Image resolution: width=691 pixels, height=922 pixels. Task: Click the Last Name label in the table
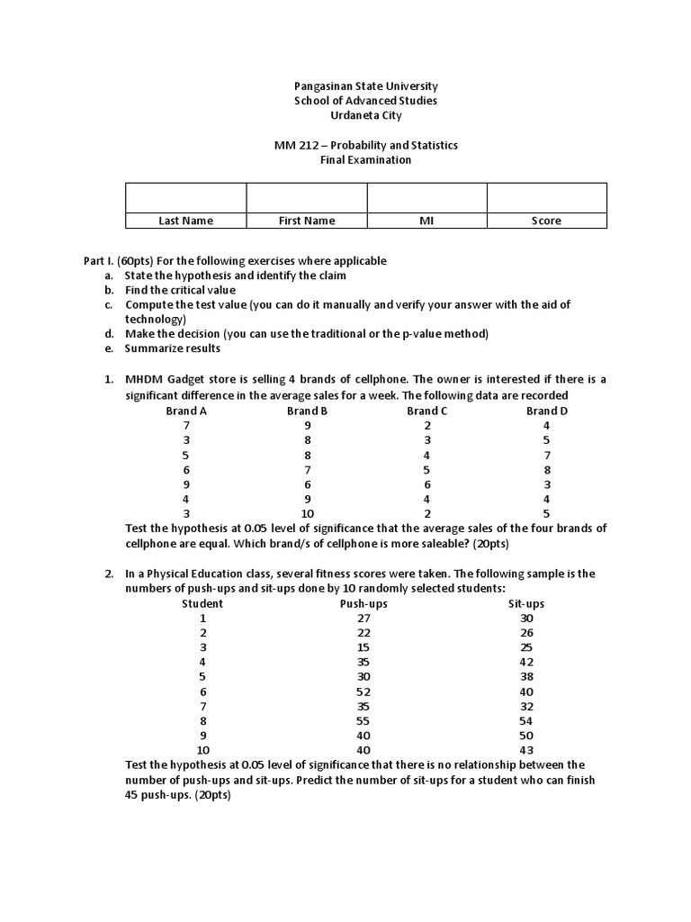click(x=186, y=221)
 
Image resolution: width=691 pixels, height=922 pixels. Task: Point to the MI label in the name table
click(x=426, y=221)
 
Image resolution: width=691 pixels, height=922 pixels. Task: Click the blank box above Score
click(x=546, y=198)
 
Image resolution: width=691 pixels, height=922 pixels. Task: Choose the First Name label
click(x=307, y=221)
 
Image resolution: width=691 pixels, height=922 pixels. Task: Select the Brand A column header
click(x=186, y=411)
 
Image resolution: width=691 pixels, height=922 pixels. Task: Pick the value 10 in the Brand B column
click(x=307, y=513)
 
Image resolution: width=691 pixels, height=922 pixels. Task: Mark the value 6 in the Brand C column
click(x=427, y=484)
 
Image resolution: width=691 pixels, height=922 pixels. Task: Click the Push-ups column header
click(x=363, y=603)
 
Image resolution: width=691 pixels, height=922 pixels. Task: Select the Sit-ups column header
click(x=526, y=603)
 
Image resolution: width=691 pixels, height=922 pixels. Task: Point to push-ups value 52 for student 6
click(x=363, y=691)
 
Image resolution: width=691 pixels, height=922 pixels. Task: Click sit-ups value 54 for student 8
click(x=526, y=720)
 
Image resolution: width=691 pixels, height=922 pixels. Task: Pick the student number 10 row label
click(x=202, y=750)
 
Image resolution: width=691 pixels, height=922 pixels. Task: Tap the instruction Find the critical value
click(x=180, y=290)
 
